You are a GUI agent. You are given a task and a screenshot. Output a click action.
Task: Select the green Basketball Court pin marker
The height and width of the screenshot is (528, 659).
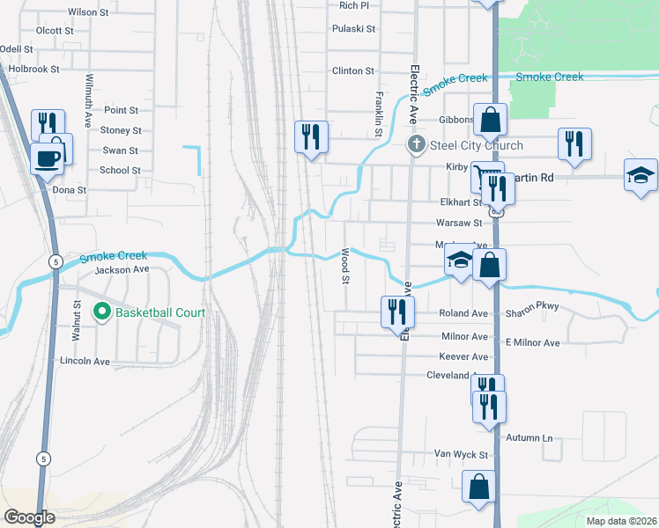click(102, 312)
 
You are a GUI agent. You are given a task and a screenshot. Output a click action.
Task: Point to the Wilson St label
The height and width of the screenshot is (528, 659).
click(87, 12)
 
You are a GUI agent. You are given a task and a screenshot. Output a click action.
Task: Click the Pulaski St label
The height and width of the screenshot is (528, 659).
click(353, 29)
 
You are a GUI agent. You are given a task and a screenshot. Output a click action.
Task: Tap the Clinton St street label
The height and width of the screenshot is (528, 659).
click(353, 71)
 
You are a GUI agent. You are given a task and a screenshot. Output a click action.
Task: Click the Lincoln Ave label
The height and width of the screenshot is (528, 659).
click(85, 362)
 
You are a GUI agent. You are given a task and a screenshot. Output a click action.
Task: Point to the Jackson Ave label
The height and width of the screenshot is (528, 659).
click(122, 269)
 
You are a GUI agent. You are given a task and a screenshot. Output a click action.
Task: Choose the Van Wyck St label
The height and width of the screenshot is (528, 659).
click(461, 454)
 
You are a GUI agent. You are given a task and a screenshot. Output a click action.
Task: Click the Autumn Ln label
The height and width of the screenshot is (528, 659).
click(529, 437)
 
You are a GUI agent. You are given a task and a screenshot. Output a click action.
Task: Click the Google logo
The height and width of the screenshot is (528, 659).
click(29, 517)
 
